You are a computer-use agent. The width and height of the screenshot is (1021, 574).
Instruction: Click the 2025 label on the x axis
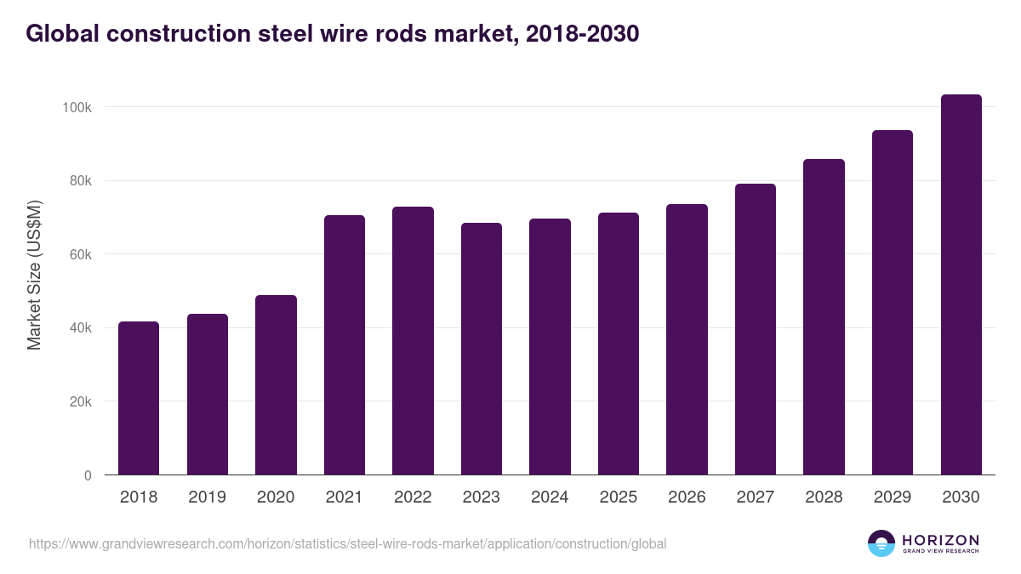(x=618, y=497)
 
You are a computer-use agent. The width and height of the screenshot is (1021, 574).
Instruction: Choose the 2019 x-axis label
(x=207, y=497)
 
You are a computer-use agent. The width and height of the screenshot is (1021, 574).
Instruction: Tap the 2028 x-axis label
(x=824, y=497)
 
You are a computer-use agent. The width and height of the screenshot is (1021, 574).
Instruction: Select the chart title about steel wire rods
(x=333, y=34)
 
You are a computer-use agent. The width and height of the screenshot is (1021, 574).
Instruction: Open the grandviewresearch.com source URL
(x=347, y=543)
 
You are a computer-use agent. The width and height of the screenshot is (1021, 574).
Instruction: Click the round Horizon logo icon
(x=881, y=543)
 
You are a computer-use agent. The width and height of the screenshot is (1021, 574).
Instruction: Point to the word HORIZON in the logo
(x=940, y=540)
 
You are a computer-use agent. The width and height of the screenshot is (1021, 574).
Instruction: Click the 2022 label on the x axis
(x=413, y=497)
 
